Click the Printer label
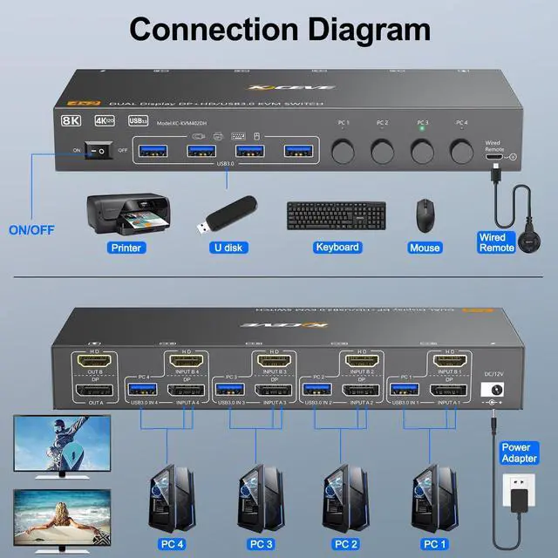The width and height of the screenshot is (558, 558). click(126, 247)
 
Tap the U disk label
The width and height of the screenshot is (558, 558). click(228, 247)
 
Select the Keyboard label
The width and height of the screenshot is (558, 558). click(337, 247)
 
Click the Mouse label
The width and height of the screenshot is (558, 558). click(425, 247)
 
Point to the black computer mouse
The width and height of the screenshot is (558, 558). click(425, 212)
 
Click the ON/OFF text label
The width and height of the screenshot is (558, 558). click(31, 230)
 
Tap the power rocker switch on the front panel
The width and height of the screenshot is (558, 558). click(99, 151)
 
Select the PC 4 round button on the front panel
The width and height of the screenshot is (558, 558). click(462, 151)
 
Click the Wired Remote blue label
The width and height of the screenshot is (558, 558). click(497, 242)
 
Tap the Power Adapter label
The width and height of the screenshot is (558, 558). click(520, 453)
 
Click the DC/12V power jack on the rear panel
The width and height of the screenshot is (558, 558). click(495, 392)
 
